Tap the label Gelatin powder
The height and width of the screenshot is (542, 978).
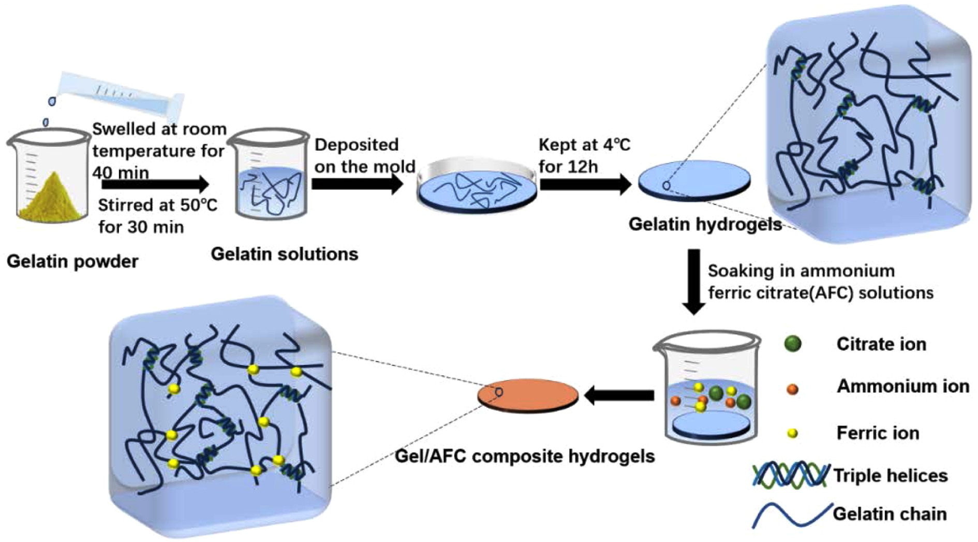(72, 261)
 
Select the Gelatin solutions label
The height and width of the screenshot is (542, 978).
(285, 254)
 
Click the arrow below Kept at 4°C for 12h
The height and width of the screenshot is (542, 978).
(585, 184)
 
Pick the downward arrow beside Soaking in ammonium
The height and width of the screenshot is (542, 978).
(693, 282)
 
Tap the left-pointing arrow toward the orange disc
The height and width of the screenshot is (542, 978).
(619, 396)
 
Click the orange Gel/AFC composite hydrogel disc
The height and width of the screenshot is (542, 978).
(528, 396)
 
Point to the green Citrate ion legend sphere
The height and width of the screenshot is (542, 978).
(793, 344)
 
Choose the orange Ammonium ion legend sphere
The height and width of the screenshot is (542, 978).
(792, 389)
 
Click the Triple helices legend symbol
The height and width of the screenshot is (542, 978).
(790, 475)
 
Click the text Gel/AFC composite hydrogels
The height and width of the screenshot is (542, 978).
(525, 457)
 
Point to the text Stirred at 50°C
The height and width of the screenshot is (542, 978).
(158, 206)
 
